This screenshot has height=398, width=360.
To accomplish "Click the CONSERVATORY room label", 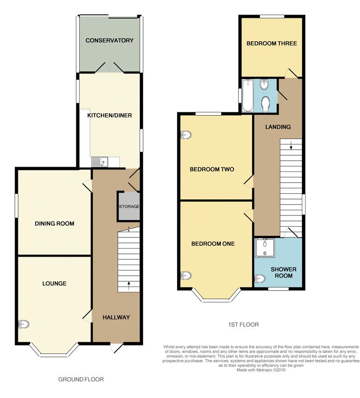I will click(x=109, y=41).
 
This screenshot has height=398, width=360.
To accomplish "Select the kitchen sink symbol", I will click(x=99, y=162).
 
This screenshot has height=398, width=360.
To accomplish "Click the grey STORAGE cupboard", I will click(x=128, y=206).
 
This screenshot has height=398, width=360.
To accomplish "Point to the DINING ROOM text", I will click(x=54, y=223).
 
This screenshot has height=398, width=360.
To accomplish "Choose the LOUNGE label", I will click(x=54, y=283).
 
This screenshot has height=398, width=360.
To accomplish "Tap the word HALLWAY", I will click(x=116, y=317).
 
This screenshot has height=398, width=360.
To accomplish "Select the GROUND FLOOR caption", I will click(x=81, y=379).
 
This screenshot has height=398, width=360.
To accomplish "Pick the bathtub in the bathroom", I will click(x=248, y=96).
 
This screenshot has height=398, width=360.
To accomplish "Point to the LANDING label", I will click(x=278, y=127).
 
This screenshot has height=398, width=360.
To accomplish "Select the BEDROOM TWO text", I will click(x=211, y=170).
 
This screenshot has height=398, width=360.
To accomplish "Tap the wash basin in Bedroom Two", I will click(x=186, y=135).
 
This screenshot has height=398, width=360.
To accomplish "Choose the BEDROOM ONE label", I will click(x=212, y=243).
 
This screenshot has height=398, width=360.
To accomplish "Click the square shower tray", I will click(x=266, y=248).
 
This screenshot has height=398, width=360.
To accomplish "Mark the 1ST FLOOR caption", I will click(x=242, y=324).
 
